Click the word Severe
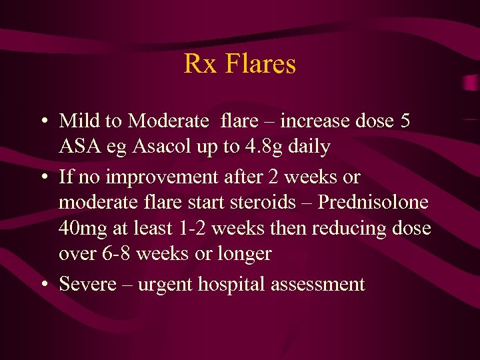tap(86, 285)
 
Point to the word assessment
tap(317, 285)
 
